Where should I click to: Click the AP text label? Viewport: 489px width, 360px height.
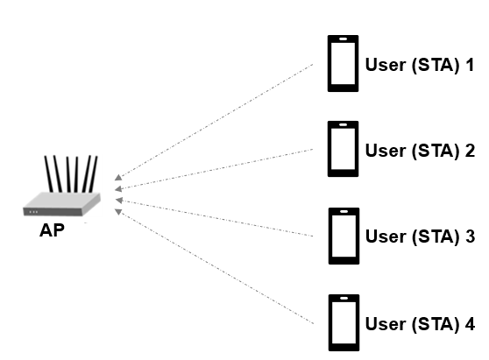click(x=52, y=232)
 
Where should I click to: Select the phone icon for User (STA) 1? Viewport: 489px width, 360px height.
click(x=344, y=63)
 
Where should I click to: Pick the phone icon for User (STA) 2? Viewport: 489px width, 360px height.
click(x=344, y=149)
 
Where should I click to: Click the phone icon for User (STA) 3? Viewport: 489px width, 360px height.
click(x=344, y=236)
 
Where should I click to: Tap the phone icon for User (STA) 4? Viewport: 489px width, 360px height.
click(x=344, y=322)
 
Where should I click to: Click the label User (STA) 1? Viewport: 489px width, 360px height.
click(x=420, y=64)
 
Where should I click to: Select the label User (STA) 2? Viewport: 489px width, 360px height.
click(x=420, y=150)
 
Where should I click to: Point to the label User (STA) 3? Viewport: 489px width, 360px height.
click(x=420, y=236)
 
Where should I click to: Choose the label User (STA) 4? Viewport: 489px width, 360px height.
click(x=420, y=323)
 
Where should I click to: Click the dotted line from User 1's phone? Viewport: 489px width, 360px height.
click(x=219, y=118)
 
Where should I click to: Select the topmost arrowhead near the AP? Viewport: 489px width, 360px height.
click(x=117, y=175)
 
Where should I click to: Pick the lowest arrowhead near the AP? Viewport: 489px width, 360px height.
click(x=117, y=210)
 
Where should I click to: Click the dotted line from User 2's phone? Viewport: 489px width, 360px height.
click(x=219, y=168)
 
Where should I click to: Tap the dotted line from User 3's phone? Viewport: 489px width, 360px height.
click(x=219, y=219)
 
